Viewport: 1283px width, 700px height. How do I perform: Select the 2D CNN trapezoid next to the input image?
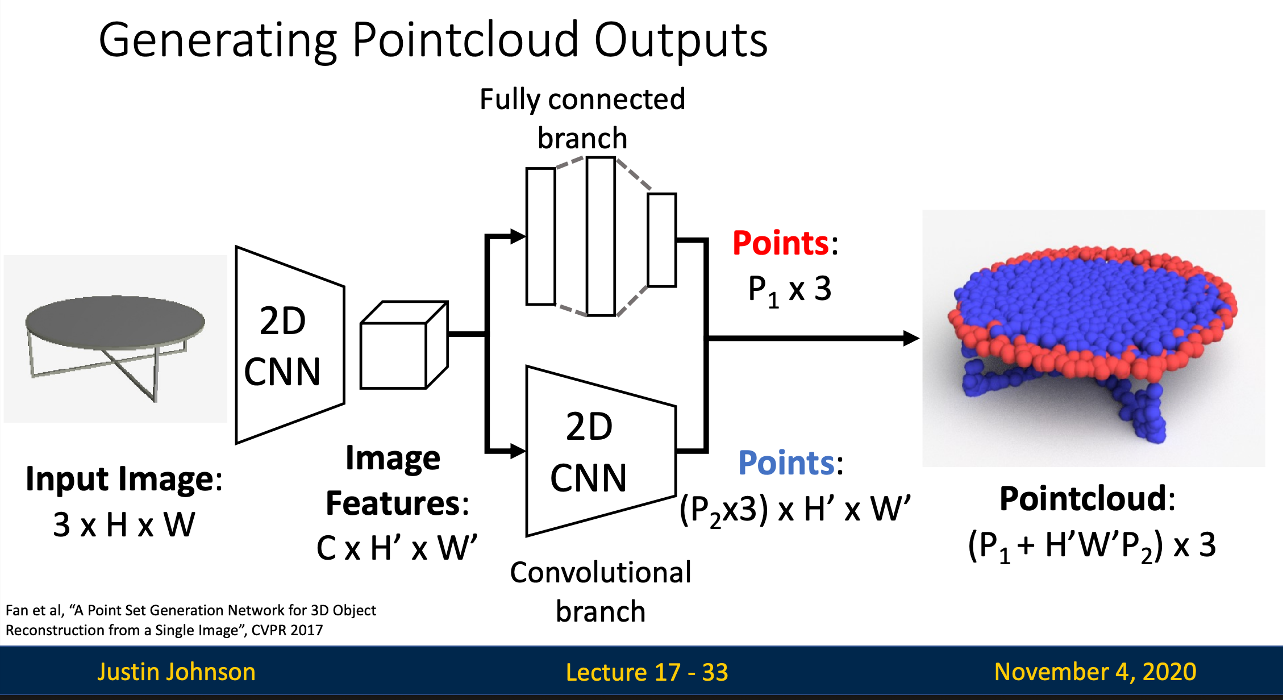tap(290, 345)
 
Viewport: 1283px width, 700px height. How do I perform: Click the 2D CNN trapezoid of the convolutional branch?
tap(600, 452)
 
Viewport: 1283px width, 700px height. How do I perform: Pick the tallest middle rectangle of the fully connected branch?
tap(601, 236)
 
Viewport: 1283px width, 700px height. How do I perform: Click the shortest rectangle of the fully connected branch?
tap(661, 240)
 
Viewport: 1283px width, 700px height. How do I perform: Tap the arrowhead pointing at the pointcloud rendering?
tap(910, 339)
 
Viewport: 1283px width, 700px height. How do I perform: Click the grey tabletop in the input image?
tap(115, 322)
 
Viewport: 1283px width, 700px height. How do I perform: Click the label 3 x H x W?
tap(124, 525)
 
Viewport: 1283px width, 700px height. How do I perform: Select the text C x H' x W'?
tap(397, 549)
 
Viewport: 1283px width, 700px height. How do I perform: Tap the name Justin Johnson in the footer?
tap(176, 672)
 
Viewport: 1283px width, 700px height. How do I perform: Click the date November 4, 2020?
tap(1095, 672)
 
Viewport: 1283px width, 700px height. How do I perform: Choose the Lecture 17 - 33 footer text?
tap(647, 673)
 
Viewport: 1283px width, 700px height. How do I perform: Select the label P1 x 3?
tap(789, 290)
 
